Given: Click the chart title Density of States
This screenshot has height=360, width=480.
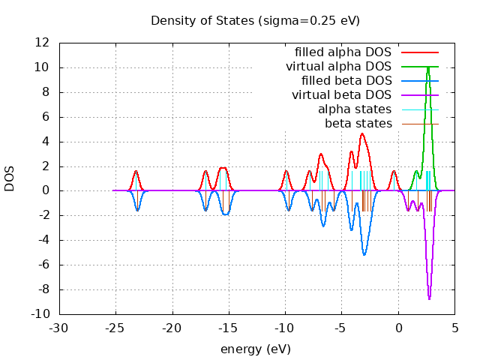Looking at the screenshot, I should [x=255, y=20].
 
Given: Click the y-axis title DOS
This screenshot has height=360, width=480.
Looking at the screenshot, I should [x=10, y=178].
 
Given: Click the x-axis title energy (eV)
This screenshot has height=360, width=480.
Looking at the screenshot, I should [x=255, y=349].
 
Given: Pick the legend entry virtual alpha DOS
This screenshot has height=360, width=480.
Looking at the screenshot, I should [x=338, y=67].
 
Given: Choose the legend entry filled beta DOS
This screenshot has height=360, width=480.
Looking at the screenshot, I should [x=346, y=80].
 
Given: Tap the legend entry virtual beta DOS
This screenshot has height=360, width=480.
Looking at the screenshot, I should [x=341, y=94].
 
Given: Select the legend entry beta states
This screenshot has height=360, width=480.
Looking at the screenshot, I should [x=358, y=123].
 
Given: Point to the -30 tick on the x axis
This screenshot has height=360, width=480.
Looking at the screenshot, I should [x=59, y=328].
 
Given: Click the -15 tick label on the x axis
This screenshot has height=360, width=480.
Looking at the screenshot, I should [x=229, y=328].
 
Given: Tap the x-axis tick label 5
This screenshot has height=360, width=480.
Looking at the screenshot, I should [x=454, y=328].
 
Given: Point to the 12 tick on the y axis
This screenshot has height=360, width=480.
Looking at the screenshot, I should [x=43, y=43].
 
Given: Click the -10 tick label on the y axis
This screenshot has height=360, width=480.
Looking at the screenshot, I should [x=40, y=314].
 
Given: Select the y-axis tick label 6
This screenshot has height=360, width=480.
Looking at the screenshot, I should [x=46, y=117].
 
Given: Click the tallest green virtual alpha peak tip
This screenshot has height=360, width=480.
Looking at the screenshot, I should [x=427, y=67].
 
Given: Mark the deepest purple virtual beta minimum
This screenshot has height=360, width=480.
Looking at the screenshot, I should [x=429, y=299].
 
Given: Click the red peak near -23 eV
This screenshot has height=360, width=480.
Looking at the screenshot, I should [x=136, y=171].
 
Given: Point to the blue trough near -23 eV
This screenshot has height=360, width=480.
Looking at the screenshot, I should [x=137, y=210].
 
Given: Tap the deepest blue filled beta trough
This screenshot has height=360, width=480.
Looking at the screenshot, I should [x=364, y=255].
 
